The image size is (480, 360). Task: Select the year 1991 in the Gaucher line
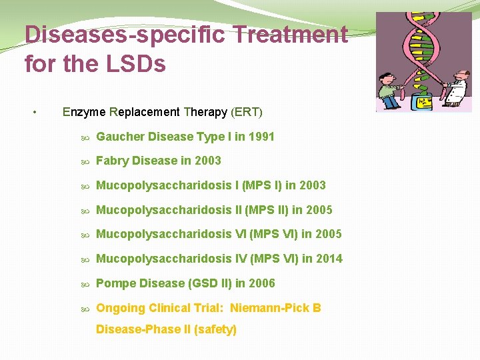[x=261, y=137]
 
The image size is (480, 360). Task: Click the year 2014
[x=329, y=259]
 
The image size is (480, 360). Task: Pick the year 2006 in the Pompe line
[x=261, y=283]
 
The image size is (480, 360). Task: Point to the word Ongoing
[x=121, y=308]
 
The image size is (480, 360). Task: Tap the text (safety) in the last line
[x=215, y=329]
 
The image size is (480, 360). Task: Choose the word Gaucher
[x=120, y=137]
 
